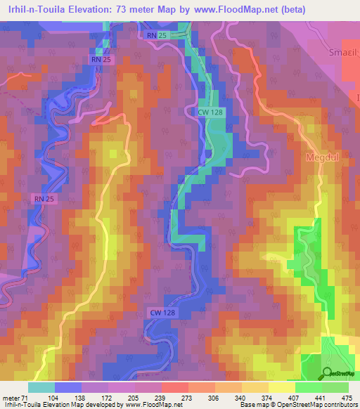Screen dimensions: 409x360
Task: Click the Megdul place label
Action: (322, 158)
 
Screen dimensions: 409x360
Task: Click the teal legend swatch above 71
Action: (41, 387)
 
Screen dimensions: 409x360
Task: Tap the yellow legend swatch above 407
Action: (281, 387)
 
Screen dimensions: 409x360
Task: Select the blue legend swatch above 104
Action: (67, 387)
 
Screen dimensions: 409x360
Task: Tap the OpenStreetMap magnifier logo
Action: (328, 373)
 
